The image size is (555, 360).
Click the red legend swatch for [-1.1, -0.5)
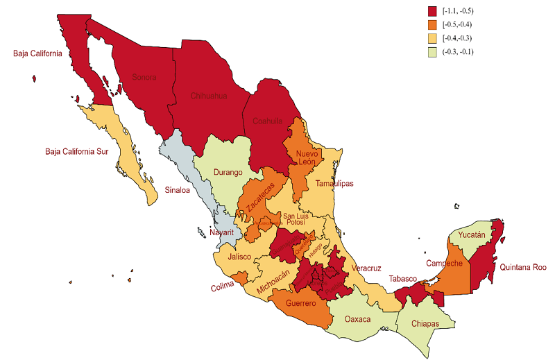[x=433, y=10]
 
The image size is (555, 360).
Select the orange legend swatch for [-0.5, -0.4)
[x=433, y=24]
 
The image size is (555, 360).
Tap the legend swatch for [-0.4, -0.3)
[x=433, y=38]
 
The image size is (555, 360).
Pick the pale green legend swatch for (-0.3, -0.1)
[x=433, y=52]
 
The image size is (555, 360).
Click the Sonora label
[x=144, y=77]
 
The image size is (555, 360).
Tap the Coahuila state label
[x=267, y=120]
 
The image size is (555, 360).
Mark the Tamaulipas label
[x=334, y=184]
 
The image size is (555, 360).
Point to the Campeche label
[x=444, y=264]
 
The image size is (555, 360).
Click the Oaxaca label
[x=359, y=320]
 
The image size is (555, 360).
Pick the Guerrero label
[x=301, y=304]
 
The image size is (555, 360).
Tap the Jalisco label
[x=239, y=257]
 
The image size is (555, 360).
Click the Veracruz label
[x=366, y=268]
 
